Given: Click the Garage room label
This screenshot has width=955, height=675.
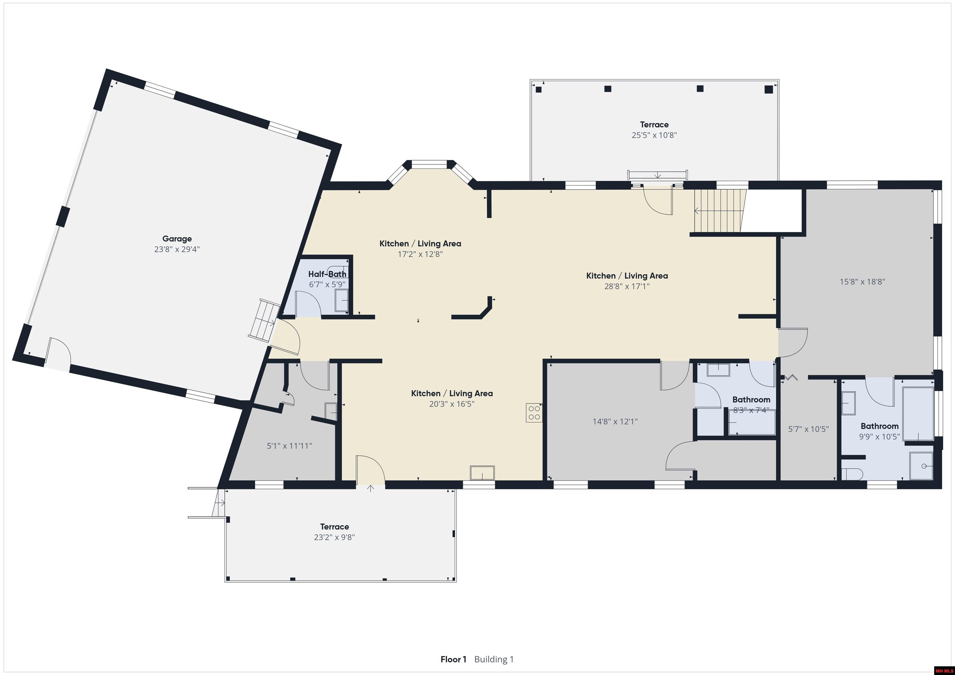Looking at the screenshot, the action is click(x=177, y=239).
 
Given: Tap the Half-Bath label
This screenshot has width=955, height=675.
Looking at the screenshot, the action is click(x=327, y=274).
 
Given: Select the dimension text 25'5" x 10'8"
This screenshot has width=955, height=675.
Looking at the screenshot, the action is click(x=654, y=135).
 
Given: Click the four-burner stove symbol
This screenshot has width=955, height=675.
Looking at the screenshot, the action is click(x=534, y=413).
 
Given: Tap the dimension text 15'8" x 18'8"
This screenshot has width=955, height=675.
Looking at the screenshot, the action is click(x=862, y=282).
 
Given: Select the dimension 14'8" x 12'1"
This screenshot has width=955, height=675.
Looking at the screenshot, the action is click(x=615, y=422).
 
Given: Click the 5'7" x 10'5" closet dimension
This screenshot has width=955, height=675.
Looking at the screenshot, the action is click(x=809, y=429).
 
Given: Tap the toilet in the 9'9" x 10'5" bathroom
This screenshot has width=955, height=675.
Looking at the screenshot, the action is click(x=852, y=474).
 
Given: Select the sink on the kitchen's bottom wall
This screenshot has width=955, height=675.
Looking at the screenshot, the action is click(x=482, y=473).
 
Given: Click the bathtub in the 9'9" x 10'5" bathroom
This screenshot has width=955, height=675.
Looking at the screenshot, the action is click(x=918, y=413).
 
